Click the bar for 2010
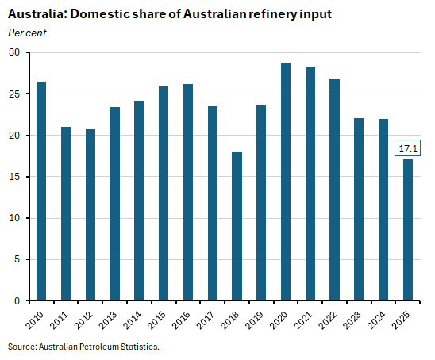pyautogui.click(x=40, y=191)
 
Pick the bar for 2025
pyautogui.click(x=408, y=230)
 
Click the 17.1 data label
pyautogui.click(x=407, y=148)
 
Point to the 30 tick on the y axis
pyautogui.click(x=15, y=52)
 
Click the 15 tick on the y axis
pyautogui.click(x=15, y=177)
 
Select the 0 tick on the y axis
pyautogui.click(x=17, y=301)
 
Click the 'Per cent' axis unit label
pyautogui.click(x=26, y=32)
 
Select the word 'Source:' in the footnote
pyautogui.click(x=22, y=347)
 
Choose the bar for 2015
pyautogui.click(x=164, y=193)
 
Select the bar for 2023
pyautogui.click(x=359, y=209)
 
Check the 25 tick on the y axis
pyautogui.click(x=15, y=94)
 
